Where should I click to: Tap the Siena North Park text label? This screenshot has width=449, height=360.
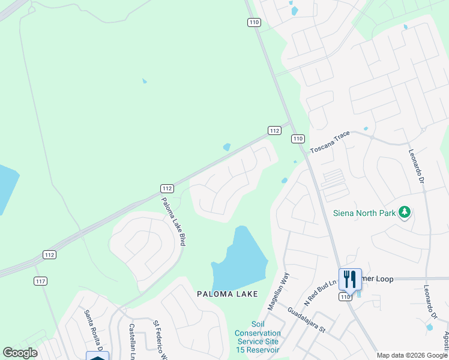pos(364,213)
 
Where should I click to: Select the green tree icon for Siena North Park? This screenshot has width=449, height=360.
pos(405,212)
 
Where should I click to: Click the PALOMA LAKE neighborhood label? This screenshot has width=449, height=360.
pos(228,294)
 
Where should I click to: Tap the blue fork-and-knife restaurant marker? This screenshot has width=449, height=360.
pos(350,278)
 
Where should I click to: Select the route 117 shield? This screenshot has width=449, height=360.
pos(41,281)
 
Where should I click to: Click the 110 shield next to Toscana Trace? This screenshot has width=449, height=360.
pos(298,139)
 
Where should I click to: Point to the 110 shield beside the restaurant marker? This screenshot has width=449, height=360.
pos(345,296)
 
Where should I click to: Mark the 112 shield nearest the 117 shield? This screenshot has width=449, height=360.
pos(49,255)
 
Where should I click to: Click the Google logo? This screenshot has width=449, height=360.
pos(20,353)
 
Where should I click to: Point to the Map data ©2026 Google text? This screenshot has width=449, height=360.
pos(412,355)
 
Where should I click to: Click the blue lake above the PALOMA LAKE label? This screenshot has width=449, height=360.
pos(240,261)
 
